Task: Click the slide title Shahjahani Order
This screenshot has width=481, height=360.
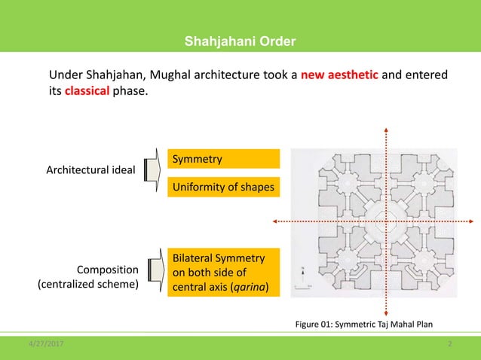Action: (x=240, y=40)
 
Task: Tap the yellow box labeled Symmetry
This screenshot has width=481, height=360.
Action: (x=223, y=159)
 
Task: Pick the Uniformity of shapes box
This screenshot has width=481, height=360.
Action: (x=223, y=186)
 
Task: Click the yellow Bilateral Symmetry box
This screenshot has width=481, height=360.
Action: (x=223, y=272)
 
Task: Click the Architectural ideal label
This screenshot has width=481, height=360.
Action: (x=90, y=171)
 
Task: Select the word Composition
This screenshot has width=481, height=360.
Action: (x=108, y=269)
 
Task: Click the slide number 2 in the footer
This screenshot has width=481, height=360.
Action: (x=449, y=343)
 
